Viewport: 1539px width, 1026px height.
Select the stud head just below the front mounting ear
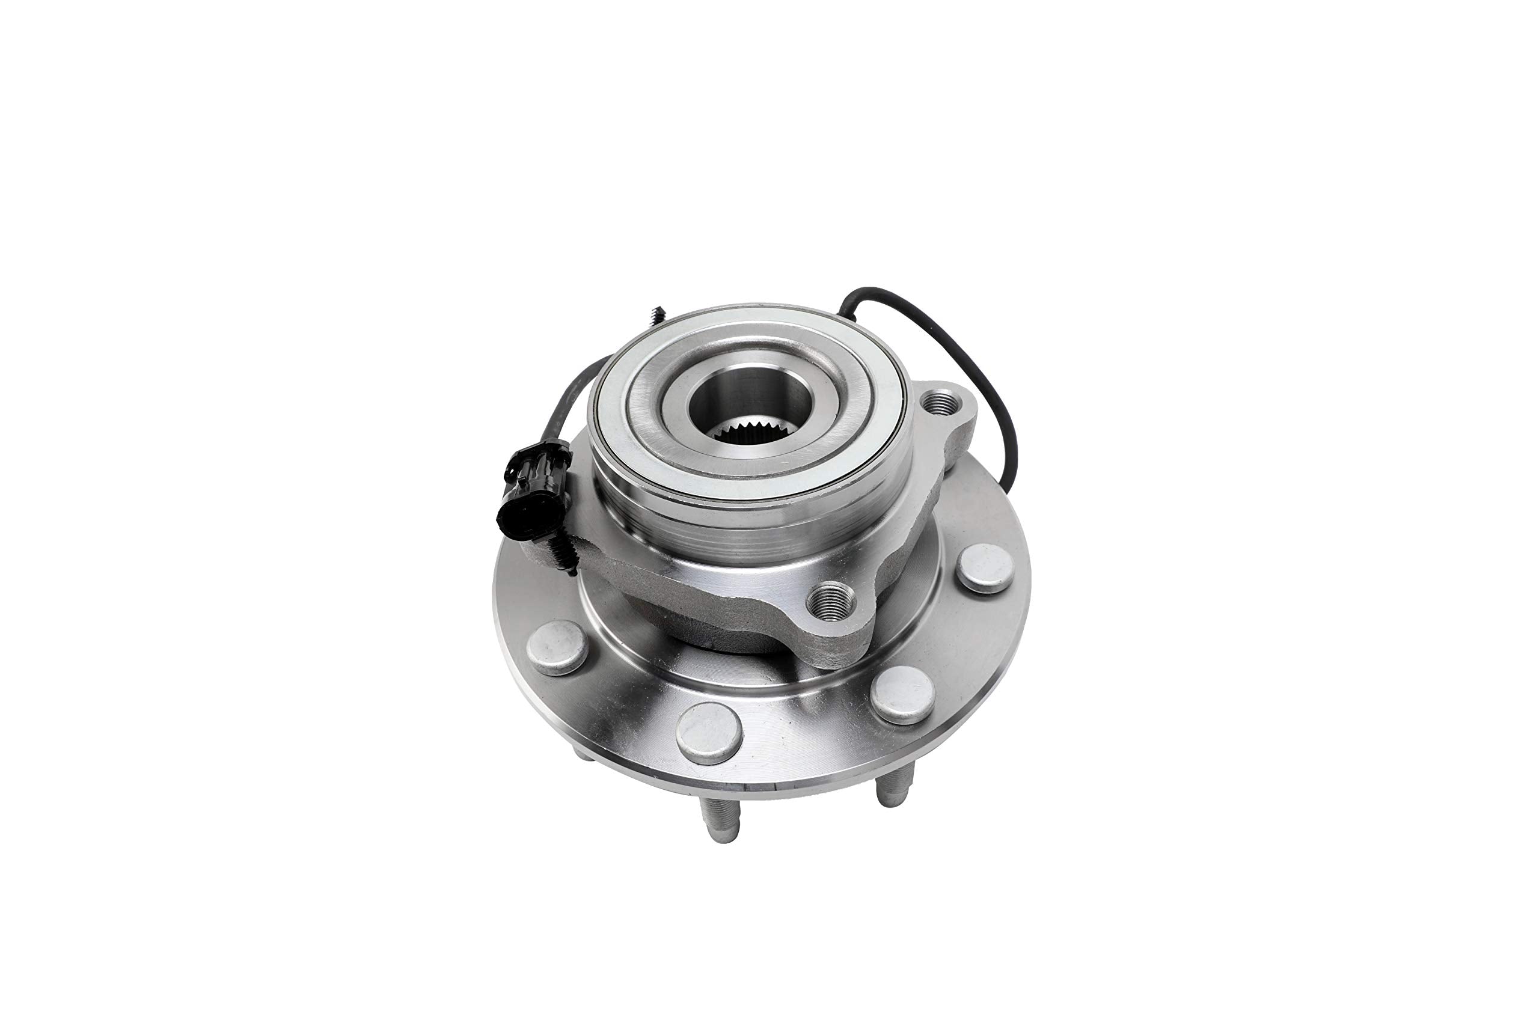tap(904, 695)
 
